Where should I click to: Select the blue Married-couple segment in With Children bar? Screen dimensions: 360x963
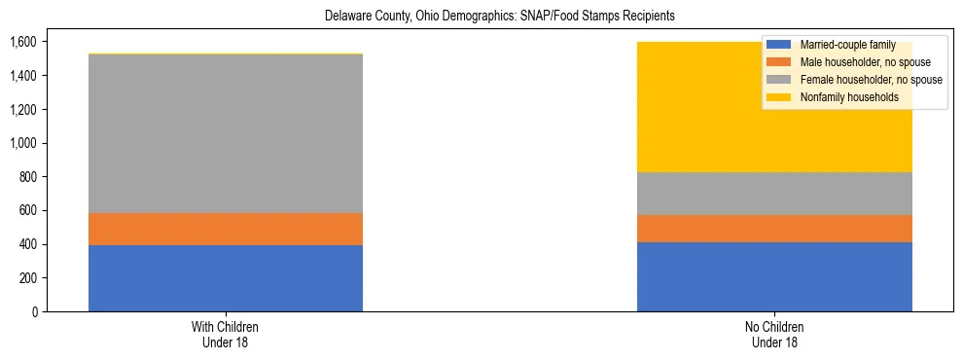pyautogui.click(x=226, y=278)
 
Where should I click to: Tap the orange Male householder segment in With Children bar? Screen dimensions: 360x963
pyautogui.click(x=226, y=229)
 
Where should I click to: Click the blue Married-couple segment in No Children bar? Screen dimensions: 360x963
pyautogui.click(x=774, y=276)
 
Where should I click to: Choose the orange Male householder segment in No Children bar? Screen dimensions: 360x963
pyautogui.click(x=774, y=229)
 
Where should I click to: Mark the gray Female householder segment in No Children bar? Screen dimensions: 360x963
pyautogui.click(x=774, y=194)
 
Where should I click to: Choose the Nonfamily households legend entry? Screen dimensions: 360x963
pyautogui.click(x=841, y=97)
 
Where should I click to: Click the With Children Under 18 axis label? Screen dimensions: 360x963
pyautogui.click(x=226, y=334)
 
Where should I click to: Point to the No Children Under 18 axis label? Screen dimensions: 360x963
pyautogui.click(x=774, y=334)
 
